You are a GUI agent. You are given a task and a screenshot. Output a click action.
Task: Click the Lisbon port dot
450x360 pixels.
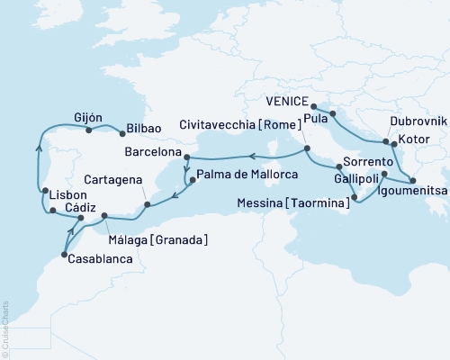click(x=45, y=192)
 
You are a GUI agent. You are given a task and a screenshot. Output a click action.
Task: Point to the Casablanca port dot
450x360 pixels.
click(x=63, y=256)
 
